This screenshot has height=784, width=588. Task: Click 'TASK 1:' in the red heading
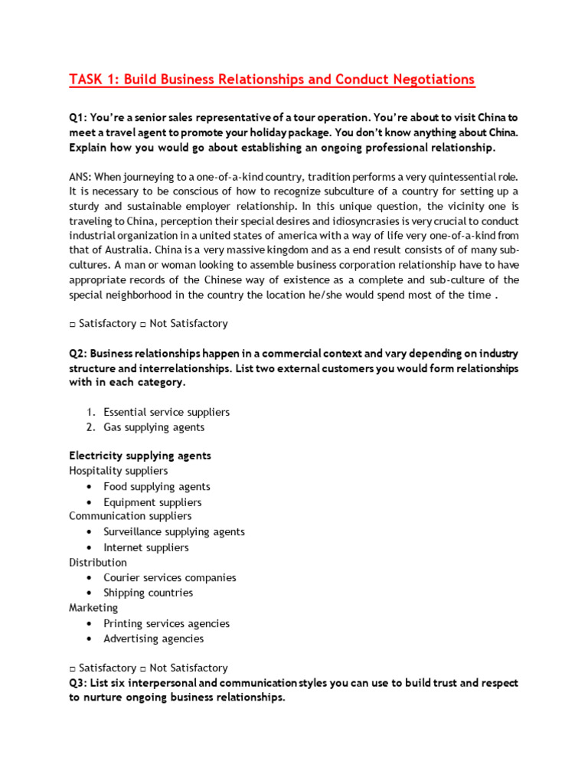pyautogui.click(x=93, y=80)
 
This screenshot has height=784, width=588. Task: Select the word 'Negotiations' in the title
pyautogui.click(x=432, y=80)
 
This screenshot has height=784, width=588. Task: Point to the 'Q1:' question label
pyautogui.click(x=78, y=118)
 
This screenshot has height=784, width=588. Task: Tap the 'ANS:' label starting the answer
pyautogui.click(x=80, y=176)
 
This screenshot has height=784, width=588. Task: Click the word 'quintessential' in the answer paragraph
pyautogui.click(x=432, y=176)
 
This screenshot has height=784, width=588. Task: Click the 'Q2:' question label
pyautogui.click(x=78, y=354)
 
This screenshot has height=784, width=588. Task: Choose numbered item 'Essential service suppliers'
pyautogui.click(x=166, y=412)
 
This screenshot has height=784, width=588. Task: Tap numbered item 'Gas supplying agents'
pyautogui.click(x=154, y=427)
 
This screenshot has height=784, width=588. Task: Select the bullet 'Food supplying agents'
pyautogui.click(x=156, y=486)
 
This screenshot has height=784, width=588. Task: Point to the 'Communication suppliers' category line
pyautogui.click(x=130, y=516)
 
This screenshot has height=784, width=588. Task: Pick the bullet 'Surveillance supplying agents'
pyautogui.click(x=174, y=531)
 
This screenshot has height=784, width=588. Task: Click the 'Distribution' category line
pyautogui.click(x=98, y=562)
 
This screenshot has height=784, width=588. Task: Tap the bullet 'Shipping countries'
pyautogui.click(x=148, y=593)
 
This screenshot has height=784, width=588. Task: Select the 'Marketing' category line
pyautogui.click(x=93, y=608)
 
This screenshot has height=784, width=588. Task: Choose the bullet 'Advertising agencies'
pyautogui.click(x=153, y=639)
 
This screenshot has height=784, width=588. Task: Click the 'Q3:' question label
pyautogui.click(x=78, y=683)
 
